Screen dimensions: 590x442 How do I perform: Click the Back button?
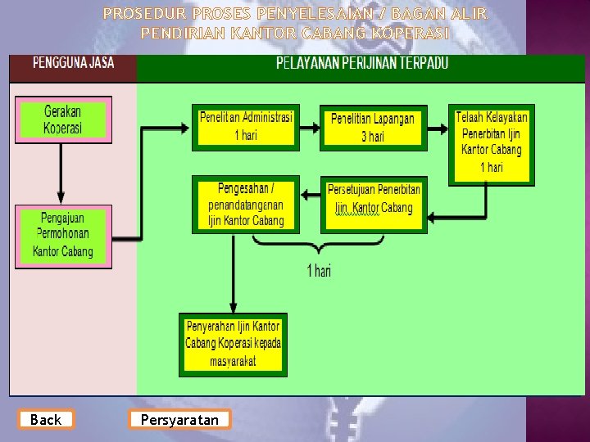(x=46, y=420)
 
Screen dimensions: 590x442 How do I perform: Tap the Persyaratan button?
(x=179, y=420)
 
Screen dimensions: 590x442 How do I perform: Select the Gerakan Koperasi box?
(x=63, y=120)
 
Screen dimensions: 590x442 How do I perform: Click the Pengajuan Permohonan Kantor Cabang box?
(x=63, y=235)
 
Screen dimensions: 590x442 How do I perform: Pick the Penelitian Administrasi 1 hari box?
(x=245, y=126)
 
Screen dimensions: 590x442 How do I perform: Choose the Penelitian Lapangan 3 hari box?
(x=373, y=128)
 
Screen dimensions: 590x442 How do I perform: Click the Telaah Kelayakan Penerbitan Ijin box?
(x=492, y=144)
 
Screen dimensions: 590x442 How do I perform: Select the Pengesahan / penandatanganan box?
(x=245, y=204)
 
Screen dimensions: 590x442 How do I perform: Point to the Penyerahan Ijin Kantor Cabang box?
(x=233, y=344)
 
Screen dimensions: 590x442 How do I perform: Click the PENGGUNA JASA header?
(x=73, y=63)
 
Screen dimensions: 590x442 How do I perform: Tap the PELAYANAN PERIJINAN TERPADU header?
(x=361, y=63)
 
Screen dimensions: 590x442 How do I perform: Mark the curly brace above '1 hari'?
(x=317, y=243)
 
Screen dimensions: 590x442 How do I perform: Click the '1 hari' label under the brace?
(x=319, y=270)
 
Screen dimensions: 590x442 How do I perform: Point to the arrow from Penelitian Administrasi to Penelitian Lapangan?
(x=309, y=127)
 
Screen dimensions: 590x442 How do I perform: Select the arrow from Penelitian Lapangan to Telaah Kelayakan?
(x=438, y=127)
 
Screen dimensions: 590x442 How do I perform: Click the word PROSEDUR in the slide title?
(x=136, y=14)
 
